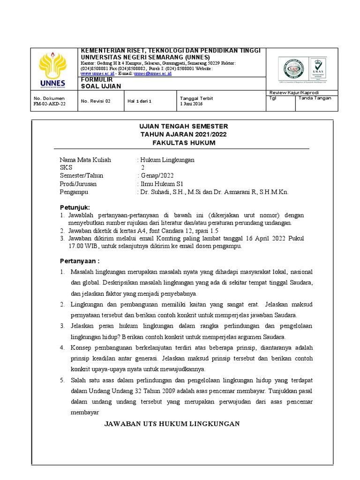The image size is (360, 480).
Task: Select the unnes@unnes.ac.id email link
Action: coord(152,74)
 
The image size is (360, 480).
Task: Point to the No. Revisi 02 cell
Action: coord(96,101)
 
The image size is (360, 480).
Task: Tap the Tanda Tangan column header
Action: coord(315,98)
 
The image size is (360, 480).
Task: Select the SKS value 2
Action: coord(143,168)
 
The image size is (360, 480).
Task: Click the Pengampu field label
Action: coord(74,192)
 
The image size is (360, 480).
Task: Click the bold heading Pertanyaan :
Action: coord(79,261)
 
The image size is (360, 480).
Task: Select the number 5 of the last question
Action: coord(61,380)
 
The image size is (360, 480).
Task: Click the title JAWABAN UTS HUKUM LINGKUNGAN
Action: coord(172,424)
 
